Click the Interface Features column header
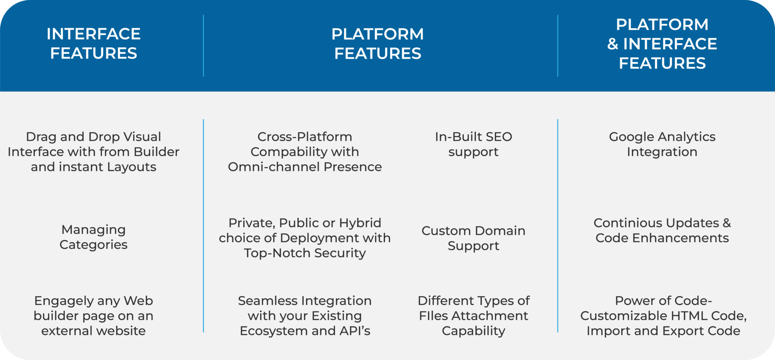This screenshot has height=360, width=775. pyautogui.click(x=93, y=44)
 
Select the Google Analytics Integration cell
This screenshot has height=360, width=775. pyautogui.click(x=662, y=144)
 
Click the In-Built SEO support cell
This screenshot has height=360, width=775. pyautogui.click(x=473, y=144)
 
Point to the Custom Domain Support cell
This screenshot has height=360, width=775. pyautogui.click(x=473, y=238)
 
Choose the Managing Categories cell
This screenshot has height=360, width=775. pyautogui.click(x=93, y=237)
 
